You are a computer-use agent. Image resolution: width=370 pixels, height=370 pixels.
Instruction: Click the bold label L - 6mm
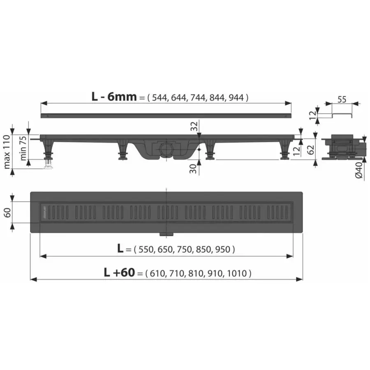tap(114, 97)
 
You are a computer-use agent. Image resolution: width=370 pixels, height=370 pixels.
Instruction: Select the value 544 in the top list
tap(160, 97)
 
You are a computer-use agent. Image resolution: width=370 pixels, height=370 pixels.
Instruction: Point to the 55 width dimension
tap(342, 99)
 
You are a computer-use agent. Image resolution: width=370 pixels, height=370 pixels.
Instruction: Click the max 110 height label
tap(7, 152)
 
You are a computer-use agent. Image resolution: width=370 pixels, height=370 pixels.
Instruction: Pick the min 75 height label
tap(23, 148)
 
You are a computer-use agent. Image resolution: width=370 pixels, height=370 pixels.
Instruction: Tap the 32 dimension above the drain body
tap(194, 126)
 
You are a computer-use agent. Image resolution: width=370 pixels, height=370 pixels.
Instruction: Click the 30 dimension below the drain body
tap(193, 169)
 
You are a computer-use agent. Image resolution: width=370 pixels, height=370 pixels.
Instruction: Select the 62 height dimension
tap(311, 150)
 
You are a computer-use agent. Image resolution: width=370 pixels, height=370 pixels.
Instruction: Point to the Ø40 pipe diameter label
tap(358, 170)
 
